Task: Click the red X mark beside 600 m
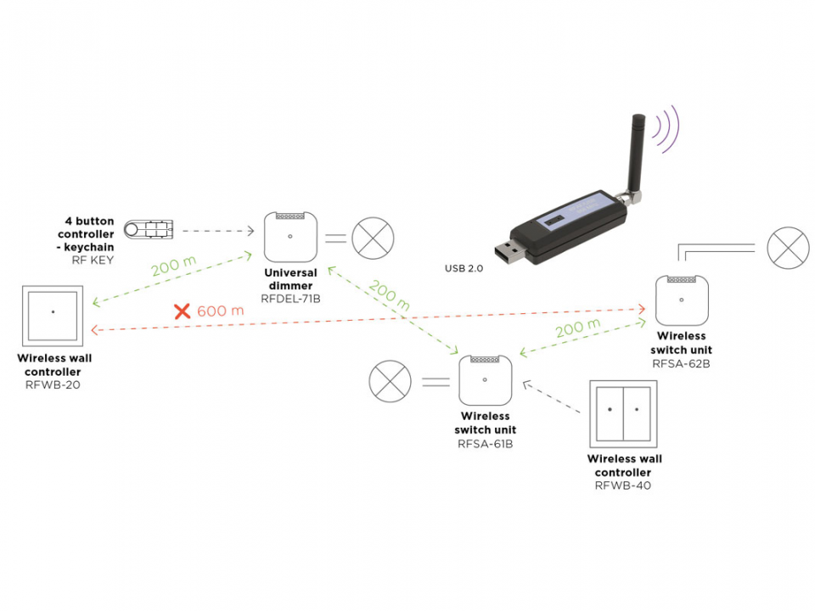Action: coord(182,311)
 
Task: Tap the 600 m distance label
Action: coord(221,311)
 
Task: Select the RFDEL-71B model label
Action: coord(290,299)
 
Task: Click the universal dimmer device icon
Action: coord(290,237)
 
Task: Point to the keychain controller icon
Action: coord(149,229)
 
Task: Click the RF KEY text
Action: coord(93,260)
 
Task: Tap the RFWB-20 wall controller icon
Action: coord(53,316)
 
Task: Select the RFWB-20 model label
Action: coord(53,385)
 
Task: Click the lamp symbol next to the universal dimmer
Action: coord(373,238)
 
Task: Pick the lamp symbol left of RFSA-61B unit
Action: coord(390,381)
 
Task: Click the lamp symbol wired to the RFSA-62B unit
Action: coord(789,248)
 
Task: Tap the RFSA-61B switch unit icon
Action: coord(485,380)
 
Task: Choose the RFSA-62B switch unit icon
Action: coord(682,300)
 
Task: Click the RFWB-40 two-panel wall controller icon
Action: coord(623,414)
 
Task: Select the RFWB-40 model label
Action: coord(622,485)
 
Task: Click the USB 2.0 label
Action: coord(464,269)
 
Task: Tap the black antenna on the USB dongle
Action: coord(636,154)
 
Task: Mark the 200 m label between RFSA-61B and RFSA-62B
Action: coord(577,328)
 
